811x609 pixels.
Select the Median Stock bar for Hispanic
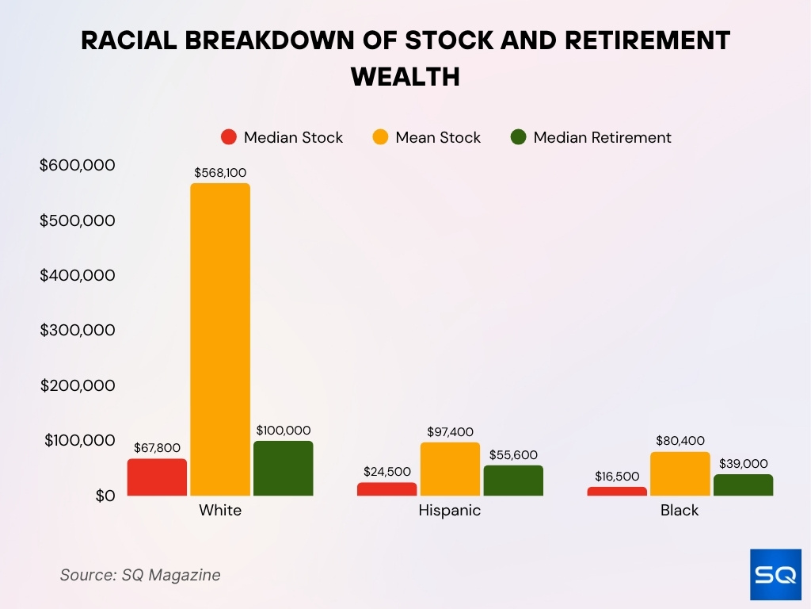[x=386, y=489]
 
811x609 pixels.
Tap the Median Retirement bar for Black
[x=743, y=485]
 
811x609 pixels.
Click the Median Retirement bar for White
[x=283, y=469]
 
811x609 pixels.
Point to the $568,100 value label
[x=220, y=172]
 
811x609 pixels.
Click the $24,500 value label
[x=387, y=472]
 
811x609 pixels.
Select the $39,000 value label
[x=744, y=463]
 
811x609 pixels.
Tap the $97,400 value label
[x=449, y=431]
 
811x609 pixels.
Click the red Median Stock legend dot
[x=229, y=137]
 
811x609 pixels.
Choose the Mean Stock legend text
[x=438, y=137]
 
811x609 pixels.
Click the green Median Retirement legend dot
[x=519, y=137]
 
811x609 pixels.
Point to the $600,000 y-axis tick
[x=78, y=165]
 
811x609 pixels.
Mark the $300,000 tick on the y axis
[x=78, y=330]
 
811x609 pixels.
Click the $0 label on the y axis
[x=105, y=496]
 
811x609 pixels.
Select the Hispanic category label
[x=449, y=511]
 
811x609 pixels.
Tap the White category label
[x=220, y=511]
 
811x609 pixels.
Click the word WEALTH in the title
[x=405, y=77]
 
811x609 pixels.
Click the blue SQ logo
[x=775, y=574]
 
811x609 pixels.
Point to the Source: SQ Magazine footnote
[x=140, y=575]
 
